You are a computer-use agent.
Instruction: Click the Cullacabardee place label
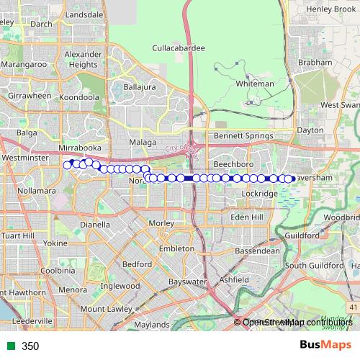[x=179, y=48]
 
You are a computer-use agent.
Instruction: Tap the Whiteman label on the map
[x=256, y=84]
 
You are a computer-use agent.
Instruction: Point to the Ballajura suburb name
[x=140, y=87]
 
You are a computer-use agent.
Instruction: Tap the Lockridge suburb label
[x=261, y=194]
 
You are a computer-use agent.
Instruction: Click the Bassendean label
[x=257, y=251]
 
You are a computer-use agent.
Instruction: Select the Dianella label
[x=95, y=224]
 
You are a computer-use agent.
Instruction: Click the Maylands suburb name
[x=151, y=325]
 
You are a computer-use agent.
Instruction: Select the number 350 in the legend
[x=30, y=346]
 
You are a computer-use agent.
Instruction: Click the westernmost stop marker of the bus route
[x=68, y=165]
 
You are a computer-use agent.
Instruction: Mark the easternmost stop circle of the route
[x=289, y=179]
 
